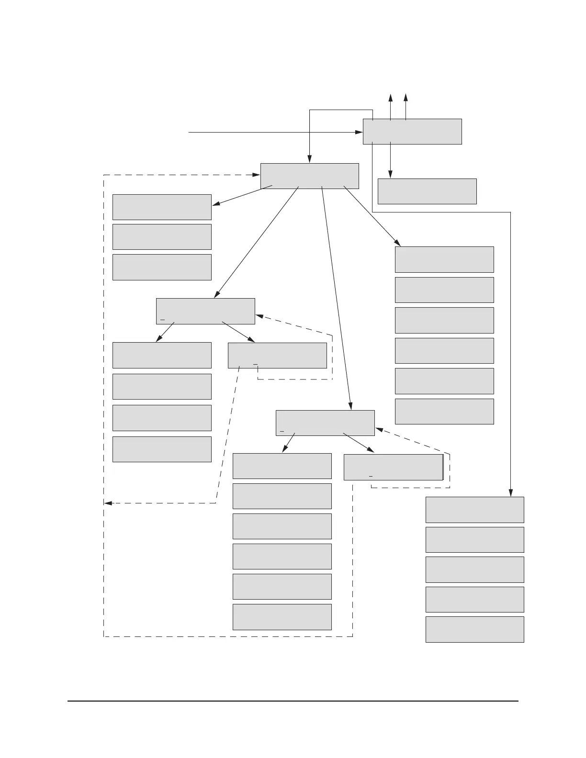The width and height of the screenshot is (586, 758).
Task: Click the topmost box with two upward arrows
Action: pos(412,132)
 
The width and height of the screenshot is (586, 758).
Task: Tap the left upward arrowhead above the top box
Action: pos(391,98)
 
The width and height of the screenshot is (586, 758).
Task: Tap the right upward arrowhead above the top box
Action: pos(406,98)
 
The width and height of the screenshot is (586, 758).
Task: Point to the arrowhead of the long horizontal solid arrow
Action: pos(359,132)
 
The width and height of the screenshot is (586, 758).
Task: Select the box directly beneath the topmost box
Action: pos(427,191)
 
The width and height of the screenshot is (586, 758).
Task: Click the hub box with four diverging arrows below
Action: pos(310,176)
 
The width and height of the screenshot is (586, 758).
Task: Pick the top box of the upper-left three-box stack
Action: pos(162,207)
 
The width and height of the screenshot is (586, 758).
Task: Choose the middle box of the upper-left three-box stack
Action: pos(162,237)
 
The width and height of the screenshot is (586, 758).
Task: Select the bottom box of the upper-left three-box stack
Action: pos(162,267)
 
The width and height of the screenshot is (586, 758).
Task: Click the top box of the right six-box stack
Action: pos(444,259)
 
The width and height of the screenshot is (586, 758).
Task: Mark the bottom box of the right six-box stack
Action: pos(444,412)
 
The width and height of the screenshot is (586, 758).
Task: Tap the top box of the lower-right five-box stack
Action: pos(475,510)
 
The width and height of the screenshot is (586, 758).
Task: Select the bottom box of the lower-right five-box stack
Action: pos(475,629)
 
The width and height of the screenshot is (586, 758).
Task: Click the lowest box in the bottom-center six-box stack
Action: pos(282,617)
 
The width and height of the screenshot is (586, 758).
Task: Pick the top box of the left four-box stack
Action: pos(162,355)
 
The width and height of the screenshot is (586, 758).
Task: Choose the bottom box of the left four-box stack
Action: pos(162,449)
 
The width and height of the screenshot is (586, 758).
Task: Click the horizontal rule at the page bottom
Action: pos(293,702)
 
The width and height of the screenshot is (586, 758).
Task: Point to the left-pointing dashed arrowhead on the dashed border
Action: pos(108,503)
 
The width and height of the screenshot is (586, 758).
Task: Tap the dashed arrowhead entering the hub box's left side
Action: pos(257,175)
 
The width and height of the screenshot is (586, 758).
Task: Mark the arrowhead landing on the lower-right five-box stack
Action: pos(511,493)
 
